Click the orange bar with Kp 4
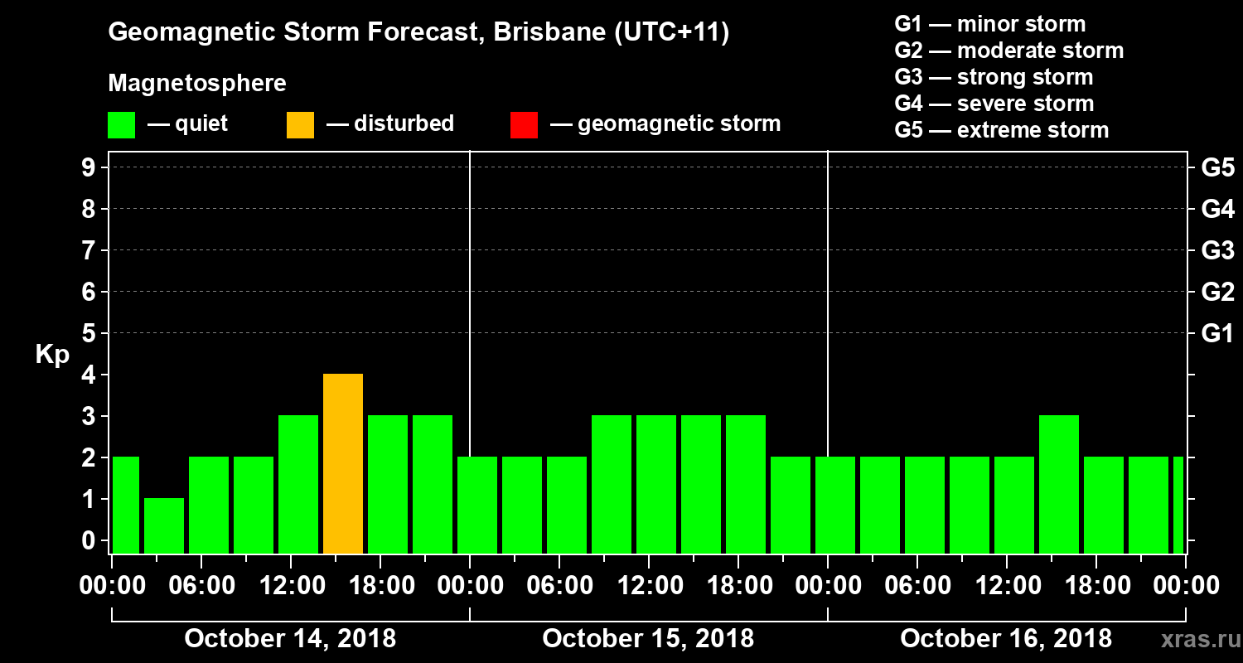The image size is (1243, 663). [343, 463]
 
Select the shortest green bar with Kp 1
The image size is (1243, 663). [164, 525]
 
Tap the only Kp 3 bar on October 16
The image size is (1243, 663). [1059, 484]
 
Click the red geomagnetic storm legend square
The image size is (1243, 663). [525, 125]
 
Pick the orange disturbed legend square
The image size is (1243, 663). [301, 125]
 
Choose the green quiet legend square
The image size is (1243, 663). [122, 125]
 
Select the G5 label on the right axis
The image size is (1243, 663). [1217, 168]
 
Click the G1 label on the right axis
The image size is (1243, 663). [1217, 334]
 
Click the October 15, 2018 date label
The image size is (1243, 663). [648, 639]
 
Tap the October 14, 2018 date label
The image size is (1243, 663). [290, 639]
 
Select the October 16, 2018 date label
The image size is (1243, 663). [1006, 639]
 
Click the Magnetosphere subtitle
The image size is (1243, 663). [197, 84]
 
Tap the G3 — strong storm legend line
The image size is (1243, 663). [994, 77]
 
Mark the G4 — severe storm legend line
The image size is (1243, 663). [994, 104]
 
